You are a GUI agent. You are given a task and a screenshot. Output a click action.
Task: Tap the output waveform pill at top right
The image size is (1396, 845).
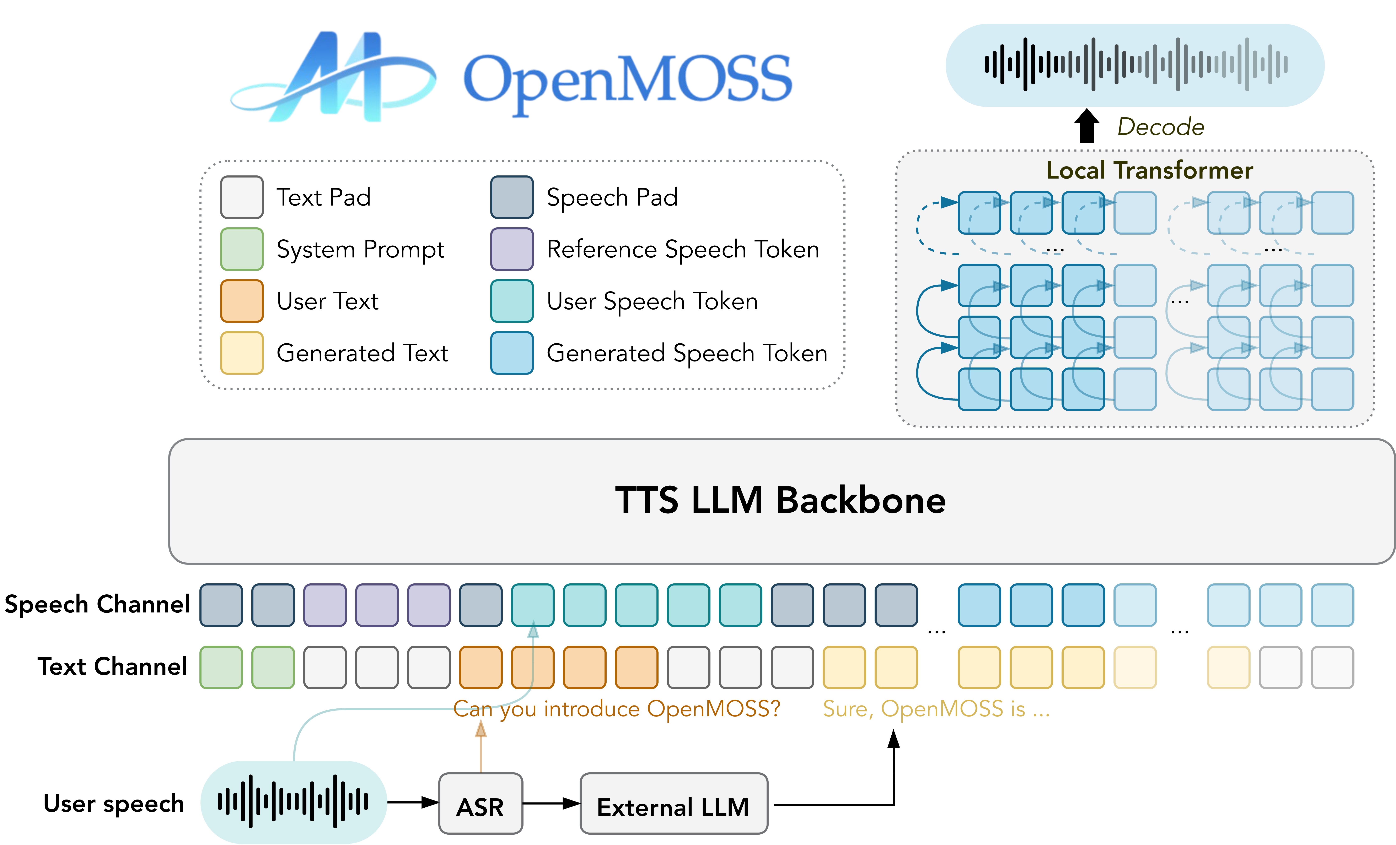tap(1135, 65)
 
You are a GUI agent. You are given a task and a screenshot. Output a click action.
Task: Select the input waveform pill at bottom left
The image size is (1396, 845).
tap(294, 801)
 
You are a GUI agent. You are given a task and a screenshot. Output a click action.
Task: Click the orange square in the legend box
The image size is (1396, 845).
tap(242, 301)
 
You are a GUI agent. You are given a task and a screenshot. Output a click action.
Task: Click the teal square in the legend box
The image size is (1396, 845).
tap(512, 301)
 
